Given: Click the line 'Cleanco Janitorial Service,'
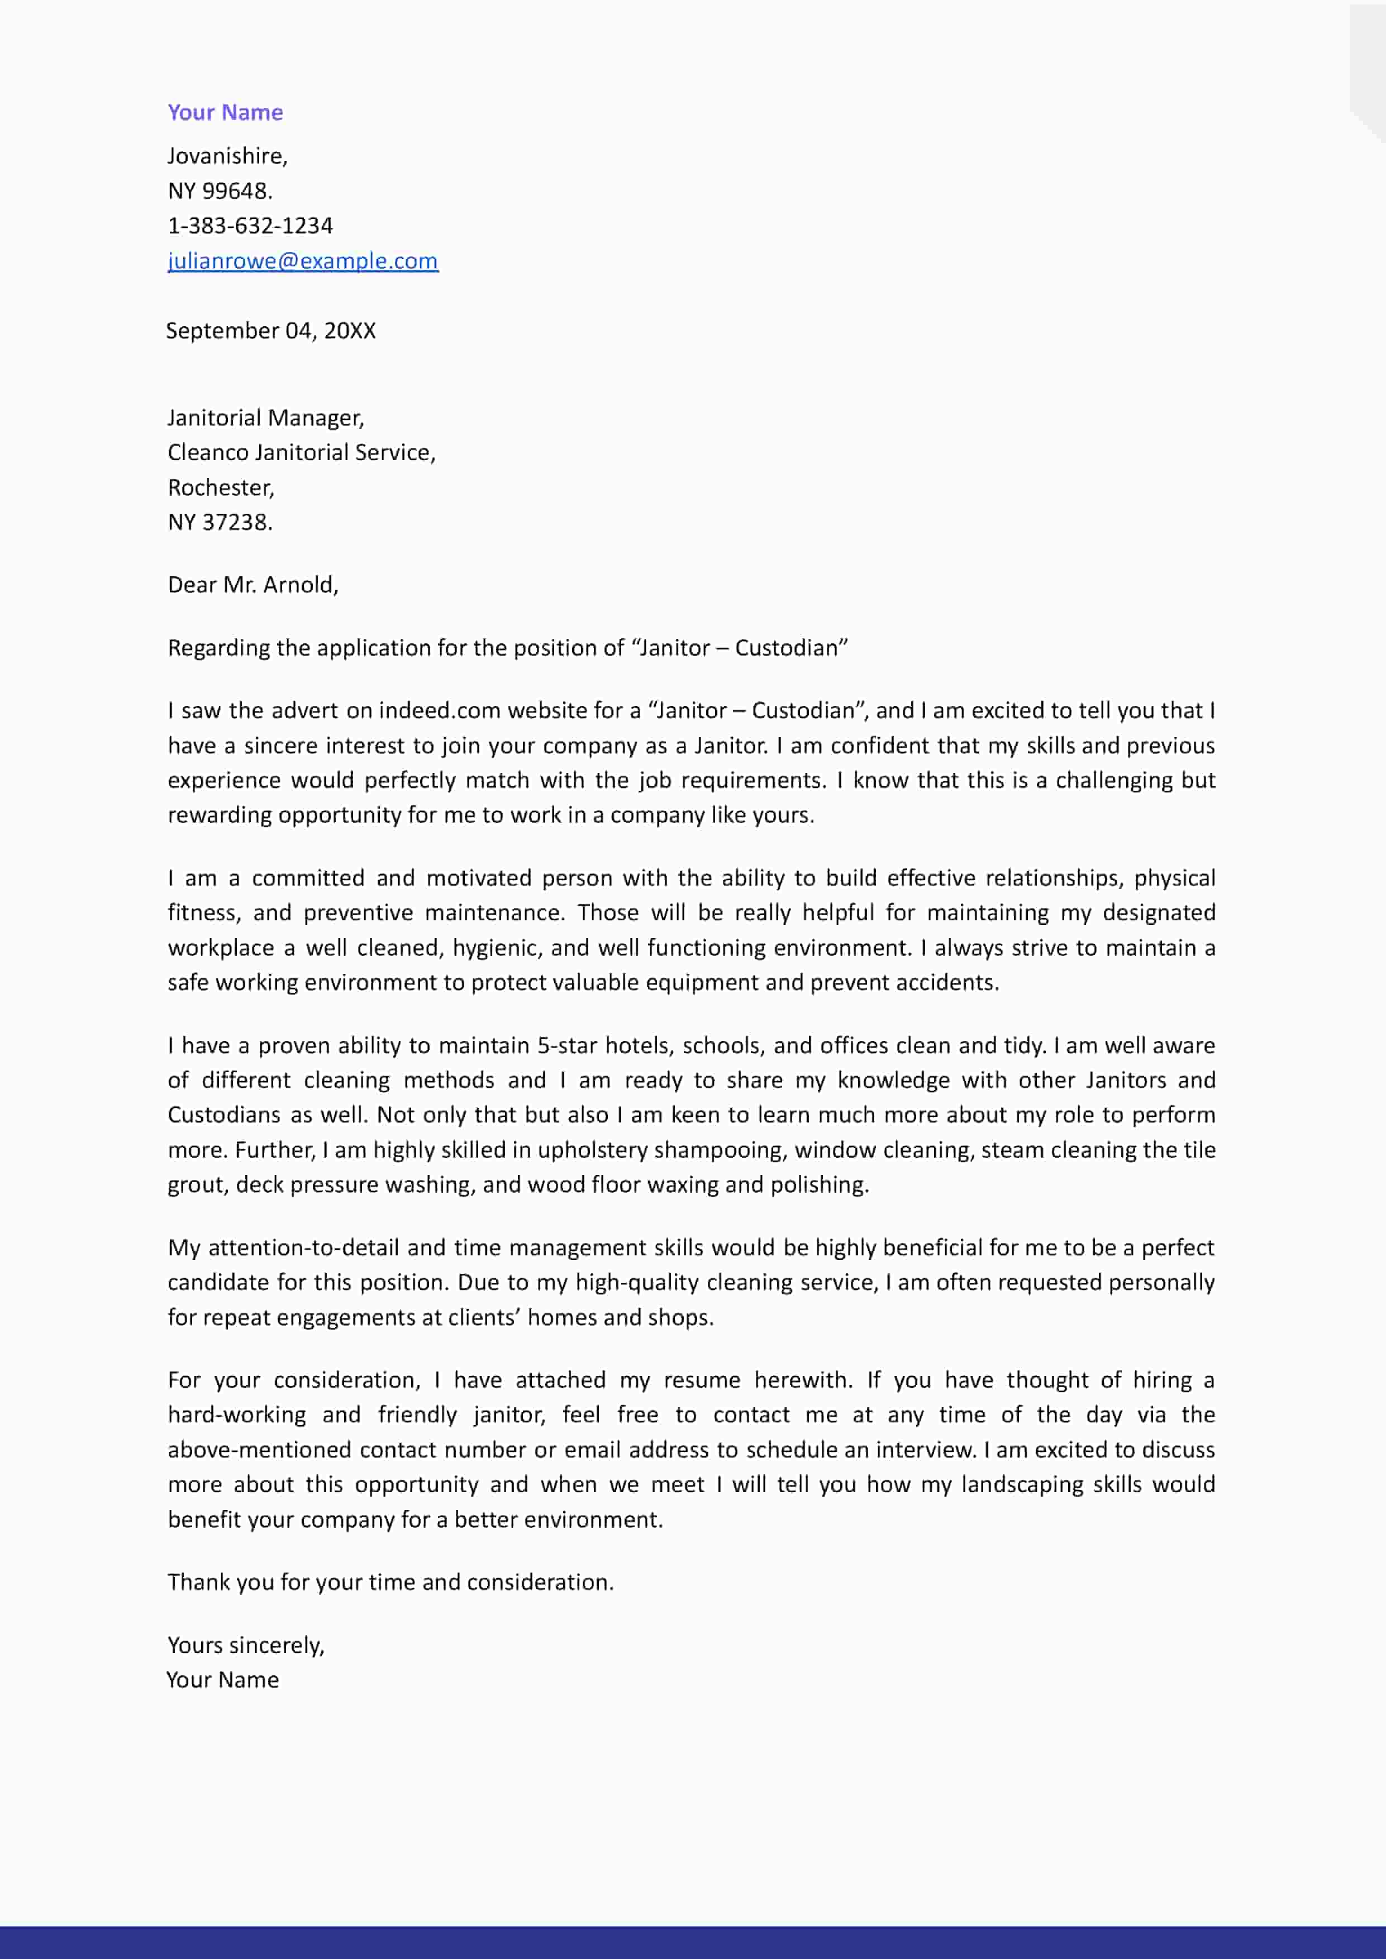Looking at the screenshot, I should tap(301, 452).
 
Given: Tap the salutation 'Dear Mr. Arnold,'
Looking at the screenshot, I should tap(253, 585).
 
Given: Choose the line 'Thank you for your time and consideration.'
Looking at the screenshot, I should tap(390, 1582).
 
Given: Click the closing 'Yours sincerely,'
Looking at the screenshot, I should tap(246, 1645).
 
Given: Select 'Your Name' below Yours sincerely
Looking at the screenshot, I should tap(223, 1679).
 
